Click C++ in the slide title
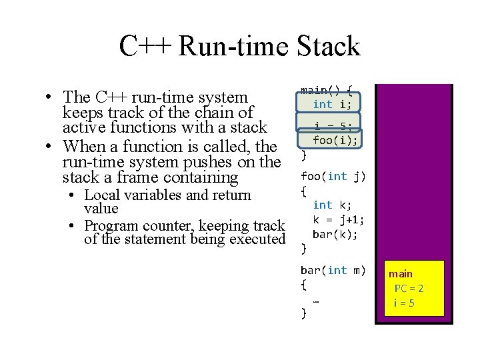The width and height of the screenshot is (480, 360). point(145,47)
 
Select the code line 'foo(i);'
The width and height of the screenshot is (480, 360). point(335,140)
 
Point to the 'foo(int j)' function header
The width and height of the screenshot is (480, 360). point(333,176)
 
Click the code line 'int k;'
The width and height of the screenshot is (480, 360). point(332,205)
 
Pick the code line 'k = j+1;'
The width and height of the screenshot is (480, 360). point(339,220)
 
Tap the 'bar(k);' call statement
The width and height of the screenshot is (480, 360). point(335,235)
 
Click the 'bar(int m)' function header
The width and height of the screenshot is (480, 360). point(333,270)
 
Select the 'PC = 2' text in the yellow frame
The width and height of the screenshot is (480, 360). point(409,289)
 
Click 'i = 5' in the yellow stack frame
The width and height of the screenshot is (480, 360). point(404,303)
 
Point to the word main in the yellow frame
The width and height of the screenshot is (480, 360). point(401,274)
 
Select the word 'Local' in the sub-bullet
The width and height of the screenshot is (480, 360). point(99,195)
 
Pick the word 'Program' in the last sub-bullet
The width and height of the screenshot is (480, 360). point(111,226)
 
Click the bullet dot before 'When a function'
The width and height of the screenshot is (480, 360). point(51,147)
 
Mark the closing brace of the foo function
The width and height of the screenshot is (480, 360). point(304,249)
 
